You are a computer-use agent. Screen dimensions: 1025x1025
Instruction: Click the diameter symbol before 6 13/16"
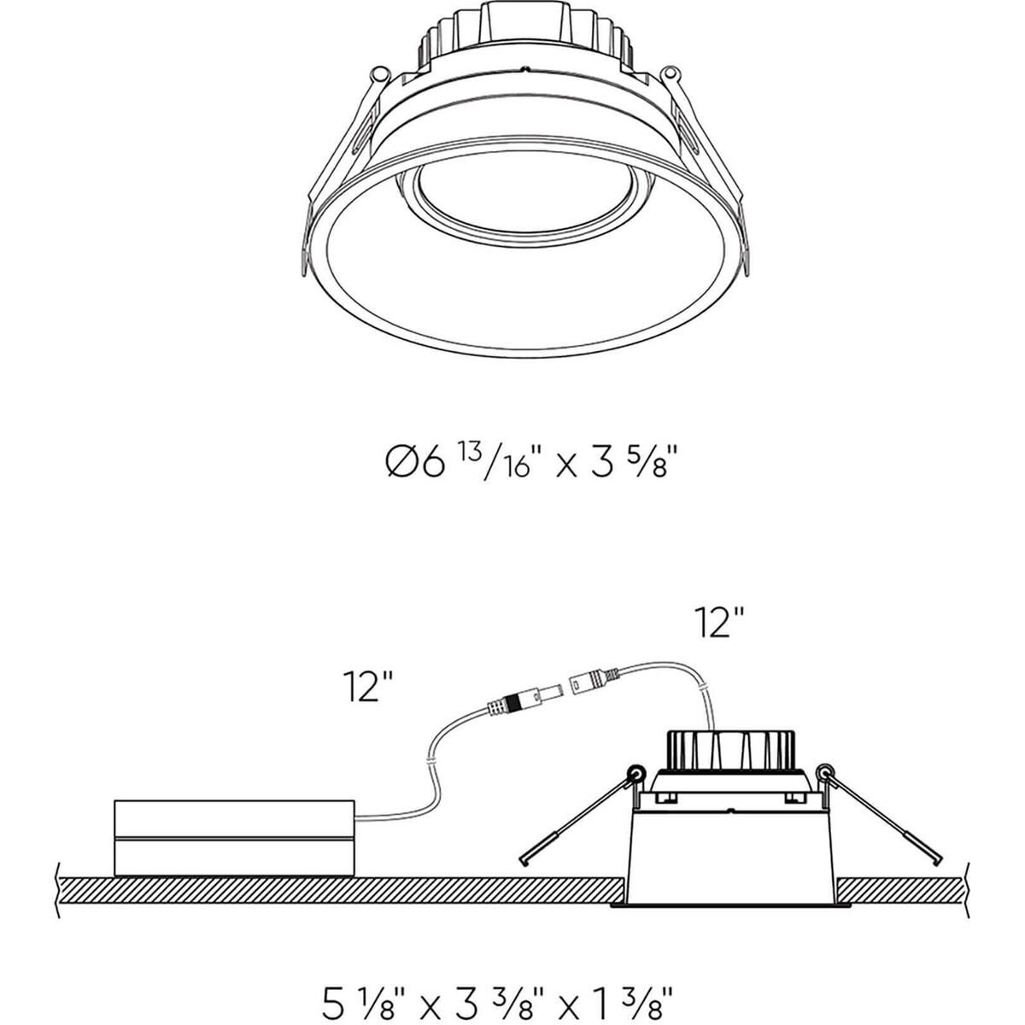tap(401, 465)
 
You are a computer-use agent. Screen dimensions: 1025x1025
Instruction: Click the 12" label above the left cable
tap(368, 686)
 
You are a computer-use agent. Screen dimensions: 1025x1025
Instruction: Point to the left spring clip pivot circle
tap(635, 775)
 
